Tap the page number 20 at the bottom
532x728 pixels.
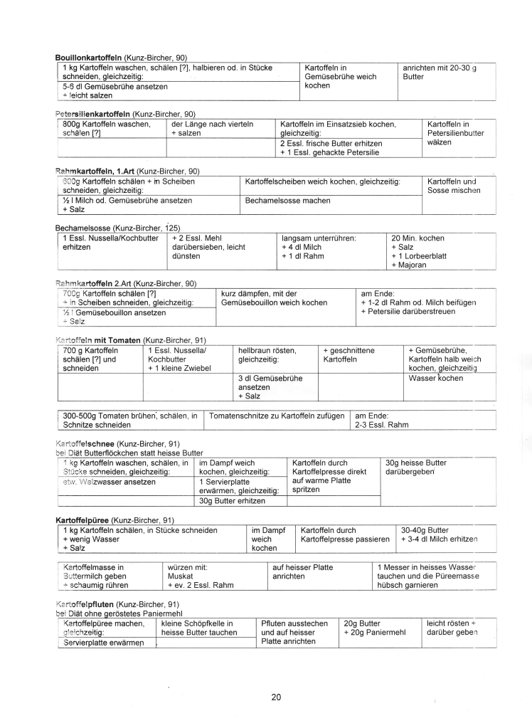[x=276, y=697]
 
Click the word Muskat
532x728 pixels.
[x=180, y=576]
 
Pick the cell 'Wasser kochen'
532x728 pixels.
[x=435, y=379]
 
